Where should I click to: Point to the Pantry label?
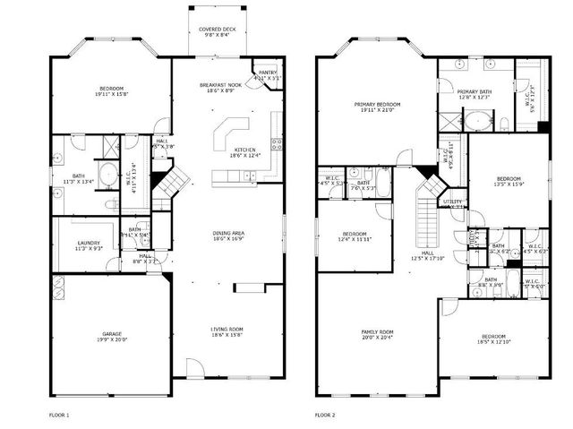tap(267, 73)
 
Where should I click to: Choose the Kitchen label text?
tap(246, 150)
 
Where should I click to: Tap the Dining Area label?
tap(229, 234)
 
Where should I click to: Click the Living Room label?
tap(227, 329)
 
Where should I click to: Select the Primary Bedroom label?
tap(377, 105)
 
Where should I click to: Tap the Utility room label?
tap(452, 202)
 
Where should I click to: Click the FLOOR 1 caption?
tap(58, 415)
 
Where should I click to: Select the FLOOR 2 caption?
tap(324, 415)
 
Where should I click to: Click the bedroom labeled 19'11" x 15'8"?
tap(111, 90)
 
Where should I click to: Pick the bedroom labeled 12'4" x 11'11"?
tap(355, 236)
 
